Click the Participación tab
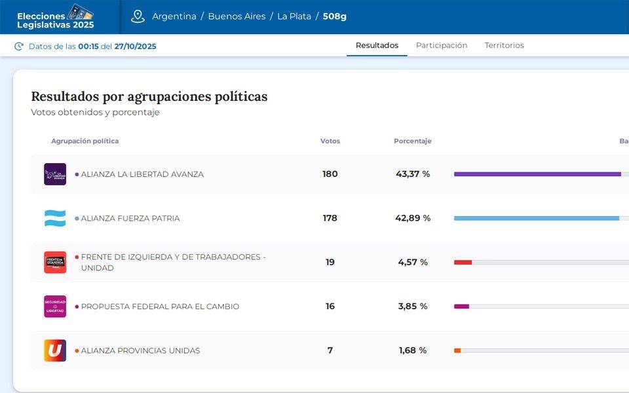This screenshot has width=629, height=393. (442, 45)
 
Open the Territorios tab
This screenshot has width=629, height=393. (504, 45)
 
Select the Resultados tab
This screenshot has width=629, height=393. (377, 45)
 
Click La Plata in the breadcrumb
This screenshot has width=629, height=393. (294, 16)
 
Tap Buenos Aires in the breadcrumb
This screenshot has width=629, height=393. (237, 16)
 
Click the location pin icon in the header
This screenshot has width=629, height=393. (138, 16)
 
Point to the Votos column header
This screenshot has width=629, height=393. (330, 141)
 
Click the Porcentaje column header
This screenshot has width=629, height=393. (412, 141)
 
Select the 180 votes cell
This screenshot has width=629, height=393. (330, 174)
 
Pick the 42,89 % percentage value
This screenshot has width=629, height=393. (413, 218)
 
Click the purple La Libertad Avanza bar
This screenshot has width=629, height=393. (537, 174)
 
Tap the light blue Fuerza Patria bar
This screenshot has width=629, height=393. (536, 218)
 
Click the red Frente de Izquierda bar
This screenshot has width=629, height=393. (463, 262)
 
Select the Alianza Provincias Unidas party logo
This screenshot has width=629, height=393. (55, 350)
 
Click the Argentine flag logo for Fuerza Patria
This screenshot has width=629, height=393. (55, 218)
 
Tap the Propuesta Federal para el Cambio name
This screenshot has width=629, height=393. (160, 307)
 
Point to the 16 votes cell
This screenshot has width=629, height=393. (330, 307)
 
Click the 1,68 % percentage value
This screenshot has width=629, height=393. (413, 350)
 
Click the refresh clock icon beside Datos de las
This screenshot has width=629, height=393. (19, 46)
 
